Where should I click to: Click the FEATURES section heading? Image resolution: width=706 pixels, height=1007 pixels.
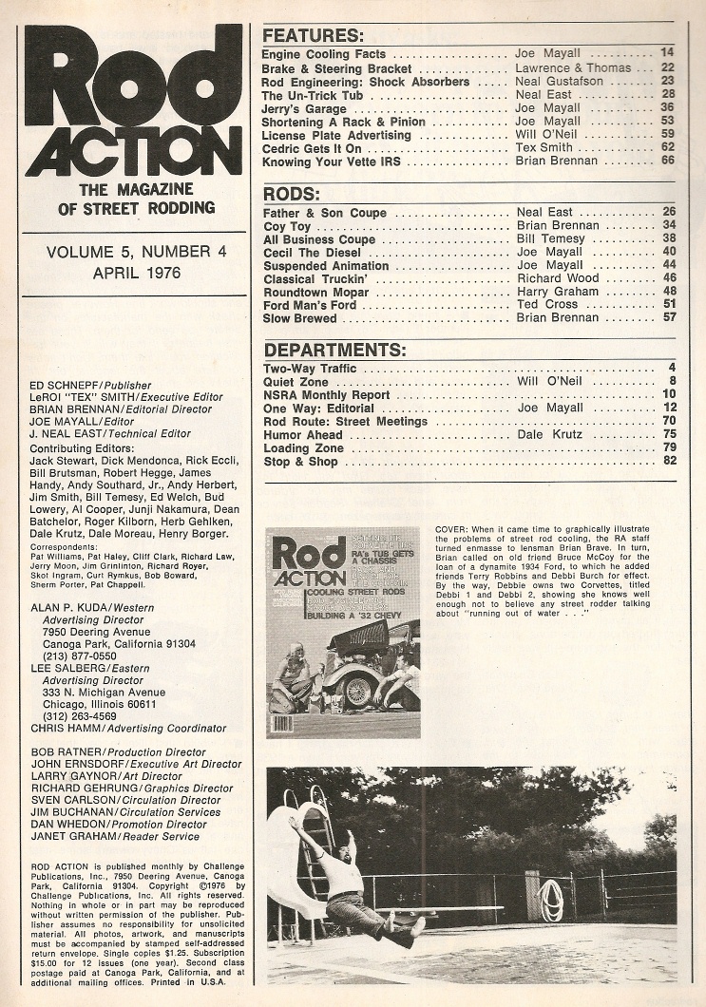tap(313, 37)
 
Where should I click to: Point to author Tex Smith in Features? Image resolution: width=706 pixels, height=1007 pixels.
tap(548, 149)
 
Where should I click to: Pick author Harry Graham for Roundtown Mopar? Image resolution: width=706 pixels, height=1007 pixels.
tap(557, 292)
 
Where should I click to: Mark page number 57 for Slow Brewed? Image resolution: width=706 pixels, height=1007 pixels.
tap(669, 318)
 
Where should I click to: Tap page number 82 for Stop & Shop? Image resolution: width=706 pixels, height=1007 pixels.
tap(669, 462)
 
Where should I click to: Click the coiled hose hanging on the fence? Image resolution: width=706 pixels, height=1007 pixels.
tap(551, 899)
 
